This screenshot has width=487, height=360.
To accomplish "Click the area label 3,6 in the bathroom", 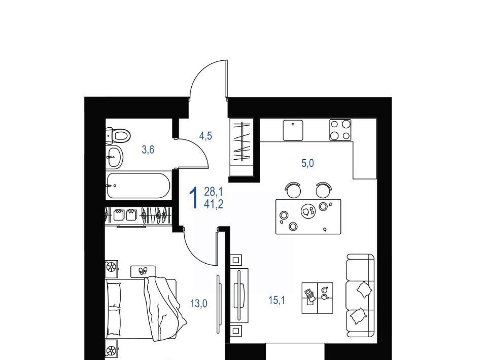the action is point(148,150).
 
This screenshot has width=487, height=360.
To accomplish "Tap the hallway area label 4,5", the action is point(205,136).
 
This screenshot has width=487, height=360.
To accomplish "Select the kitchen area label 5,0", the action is point(307,163).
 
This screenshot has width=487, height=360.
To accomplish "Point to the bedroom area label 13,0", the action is point(199,304).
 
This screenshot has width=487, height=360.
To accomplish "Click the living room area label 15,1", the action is point(277,300).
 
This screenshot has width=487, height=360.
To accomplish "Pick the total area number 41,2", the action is point(214,204).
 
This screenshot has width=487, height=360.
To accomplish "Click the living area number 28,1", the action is point(214,192).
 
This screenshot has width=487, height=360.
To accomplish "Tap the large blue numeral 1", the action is point(194,198).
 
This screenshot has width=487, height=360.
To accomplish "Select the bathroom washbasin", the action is point(114,157).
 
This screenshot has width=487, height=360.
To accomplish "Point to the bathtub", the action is point(138,186).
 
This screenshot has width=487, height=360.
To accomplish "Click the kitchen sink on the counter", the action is point(293,130).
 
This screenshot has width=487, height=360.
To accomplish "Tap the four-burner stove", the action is point(340,130).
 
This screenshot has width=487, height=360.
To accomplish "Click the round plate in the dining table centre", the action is point(308,211).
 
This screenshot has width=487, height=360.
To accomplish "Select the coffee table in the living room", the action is point(318,298).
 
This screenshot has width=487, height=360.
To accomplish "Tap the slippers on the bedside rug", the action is point(143,271).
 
